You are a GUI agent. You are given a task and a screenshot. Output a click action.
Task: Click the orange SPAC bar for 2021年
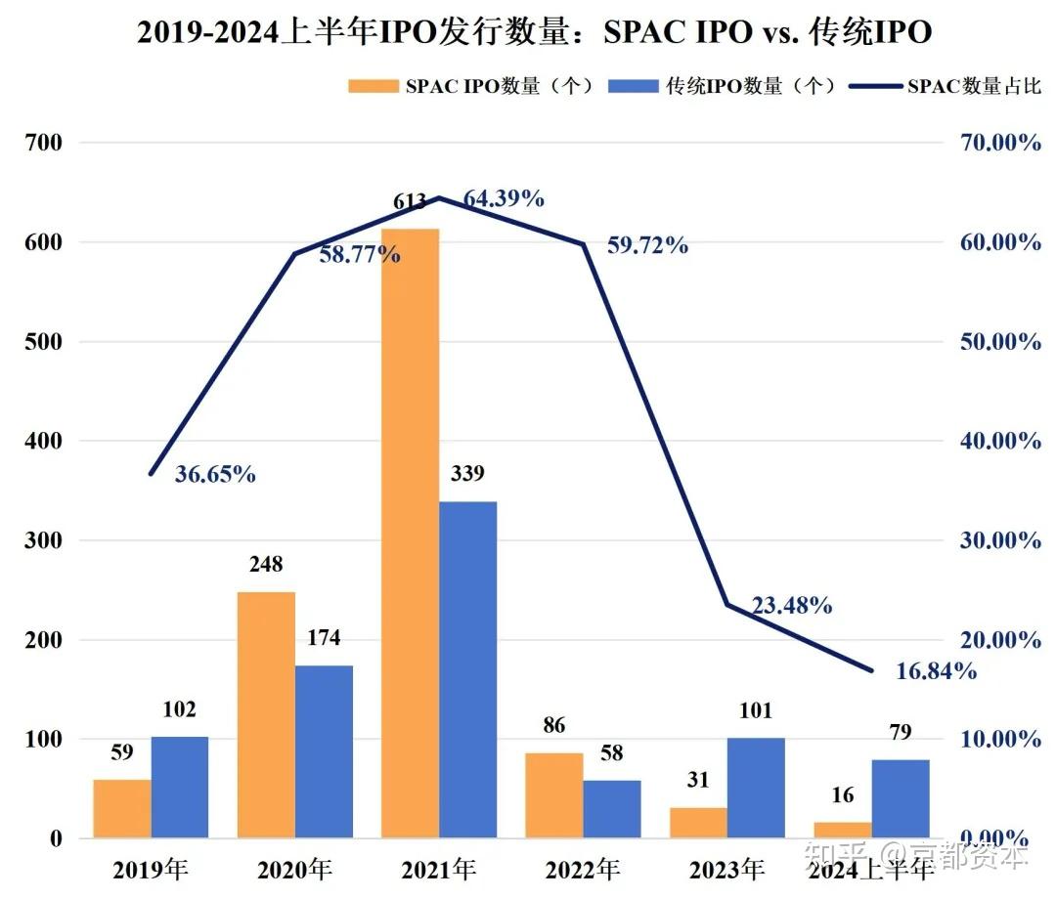[410, 533]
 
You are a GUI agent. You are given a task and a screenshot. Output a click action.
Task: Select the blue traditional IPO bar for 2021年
[467, 669]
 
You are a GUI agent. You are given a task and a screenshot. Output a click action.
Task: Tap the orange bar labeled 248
[266, 714]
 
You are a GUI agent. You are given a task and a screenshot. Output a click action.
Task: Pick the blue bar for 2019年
[180, 787]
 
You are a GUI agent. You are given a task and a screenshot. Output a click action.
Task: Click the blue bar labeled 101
[756, 788]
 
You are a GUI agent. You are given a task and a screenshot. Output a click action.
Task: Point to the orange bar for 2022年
[553, 794]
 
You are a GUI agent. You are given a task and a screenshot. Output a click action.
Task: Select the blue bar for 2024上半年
[901, 798]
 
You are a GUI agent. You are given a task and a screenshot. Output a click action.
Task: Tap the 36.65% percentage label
[215, 475]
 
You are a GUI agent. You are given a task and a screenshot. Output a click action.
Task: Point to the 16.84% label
[936, 670]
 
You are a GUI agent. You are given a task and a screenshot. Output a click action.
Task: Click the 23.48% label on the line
[792, 606]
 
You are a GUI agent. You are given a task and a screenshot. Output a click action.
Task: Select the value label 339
[467, 474]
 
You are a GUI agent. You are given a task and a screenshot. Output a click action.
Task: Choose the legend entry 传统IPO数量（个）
[724, 86]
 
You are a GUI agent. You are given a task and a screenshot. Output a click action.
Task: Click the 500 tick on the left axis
[44, 342]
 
